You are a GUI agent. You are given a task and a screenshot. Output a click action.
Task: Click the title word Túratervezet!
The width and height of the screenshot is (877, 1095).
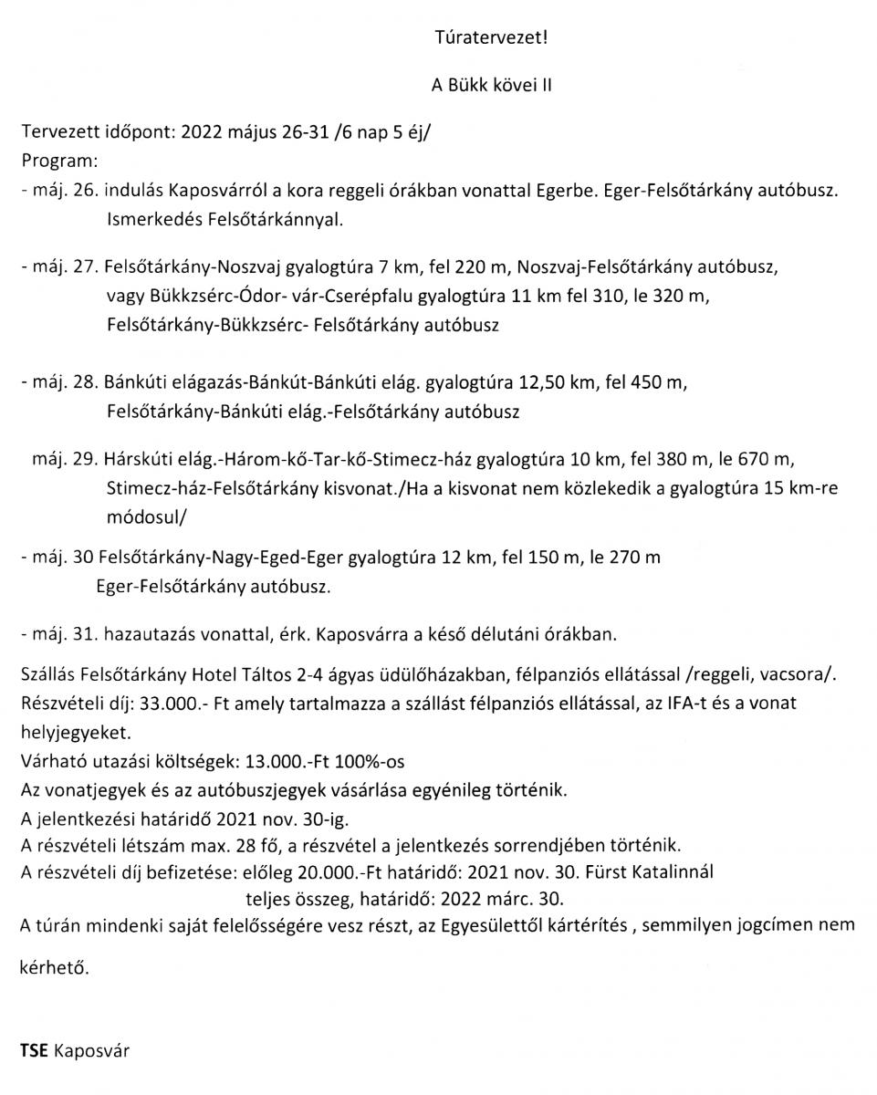point(492,38)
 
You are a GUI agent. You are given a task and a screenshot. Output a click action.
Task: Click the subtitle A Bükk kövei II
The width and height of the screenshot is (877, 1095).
point(492,85)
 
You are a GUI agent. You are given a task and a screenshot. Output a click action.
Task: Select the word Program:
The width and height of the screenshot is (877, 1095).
point(58,162)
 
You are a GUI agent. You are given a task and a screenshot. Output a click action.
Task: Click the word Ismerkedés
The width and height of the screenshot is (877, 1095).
point(150,221)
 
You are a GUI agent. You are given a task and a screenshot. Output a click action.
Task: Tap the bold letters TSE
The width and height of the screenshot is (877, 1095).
point(34,1050)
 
